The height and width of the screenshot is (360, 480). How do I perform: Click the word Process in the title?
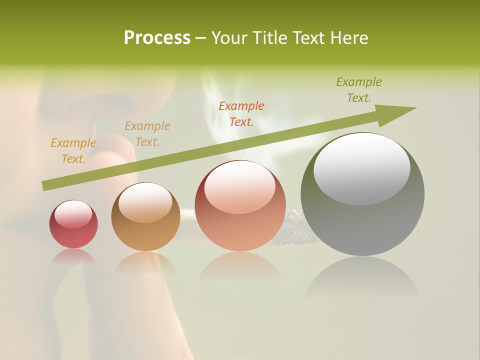click(x=157, y=38)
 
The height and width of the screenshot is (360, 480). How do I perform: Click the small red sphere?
click(x=73, y=224)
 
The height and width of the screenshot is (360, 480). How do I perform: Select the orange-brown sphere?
click(x=145, y=217)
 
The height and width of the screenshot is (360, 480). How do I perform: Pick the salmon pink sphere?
click(x=240, y=206)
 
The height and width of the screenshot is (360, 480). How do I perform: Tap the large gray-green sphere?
click(x=362, y=194)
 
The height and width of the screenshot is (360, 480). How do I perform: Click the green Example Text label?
click(x=358, y=90)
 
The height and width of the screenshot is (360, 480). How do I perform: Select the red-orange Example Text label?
click(x=241, y=113)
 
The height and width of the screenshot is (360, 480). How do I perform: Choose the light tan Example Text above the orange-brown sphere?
click(x=147, y=134)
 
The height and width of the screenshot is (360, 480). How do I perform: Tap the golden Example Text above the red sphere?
click(x=73, y=151)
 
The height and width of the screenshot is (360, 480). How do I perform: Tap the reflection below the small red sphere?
click(x=73, y=256)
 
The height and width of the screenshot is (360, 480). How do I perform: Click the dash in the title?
click(x=201, y=38)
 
